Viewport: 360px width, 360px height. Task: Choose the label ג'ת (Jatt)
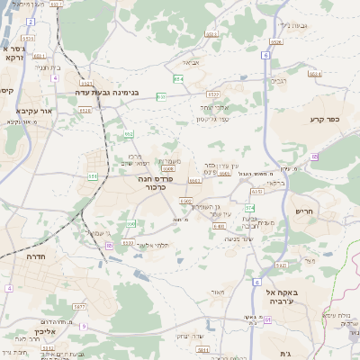[x=285, y=354]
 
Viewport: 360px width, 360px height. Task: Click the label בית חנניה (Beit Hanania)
[x=48, y=67]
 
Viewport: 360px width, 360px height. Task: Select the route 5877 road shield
[x=80, y=307]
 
